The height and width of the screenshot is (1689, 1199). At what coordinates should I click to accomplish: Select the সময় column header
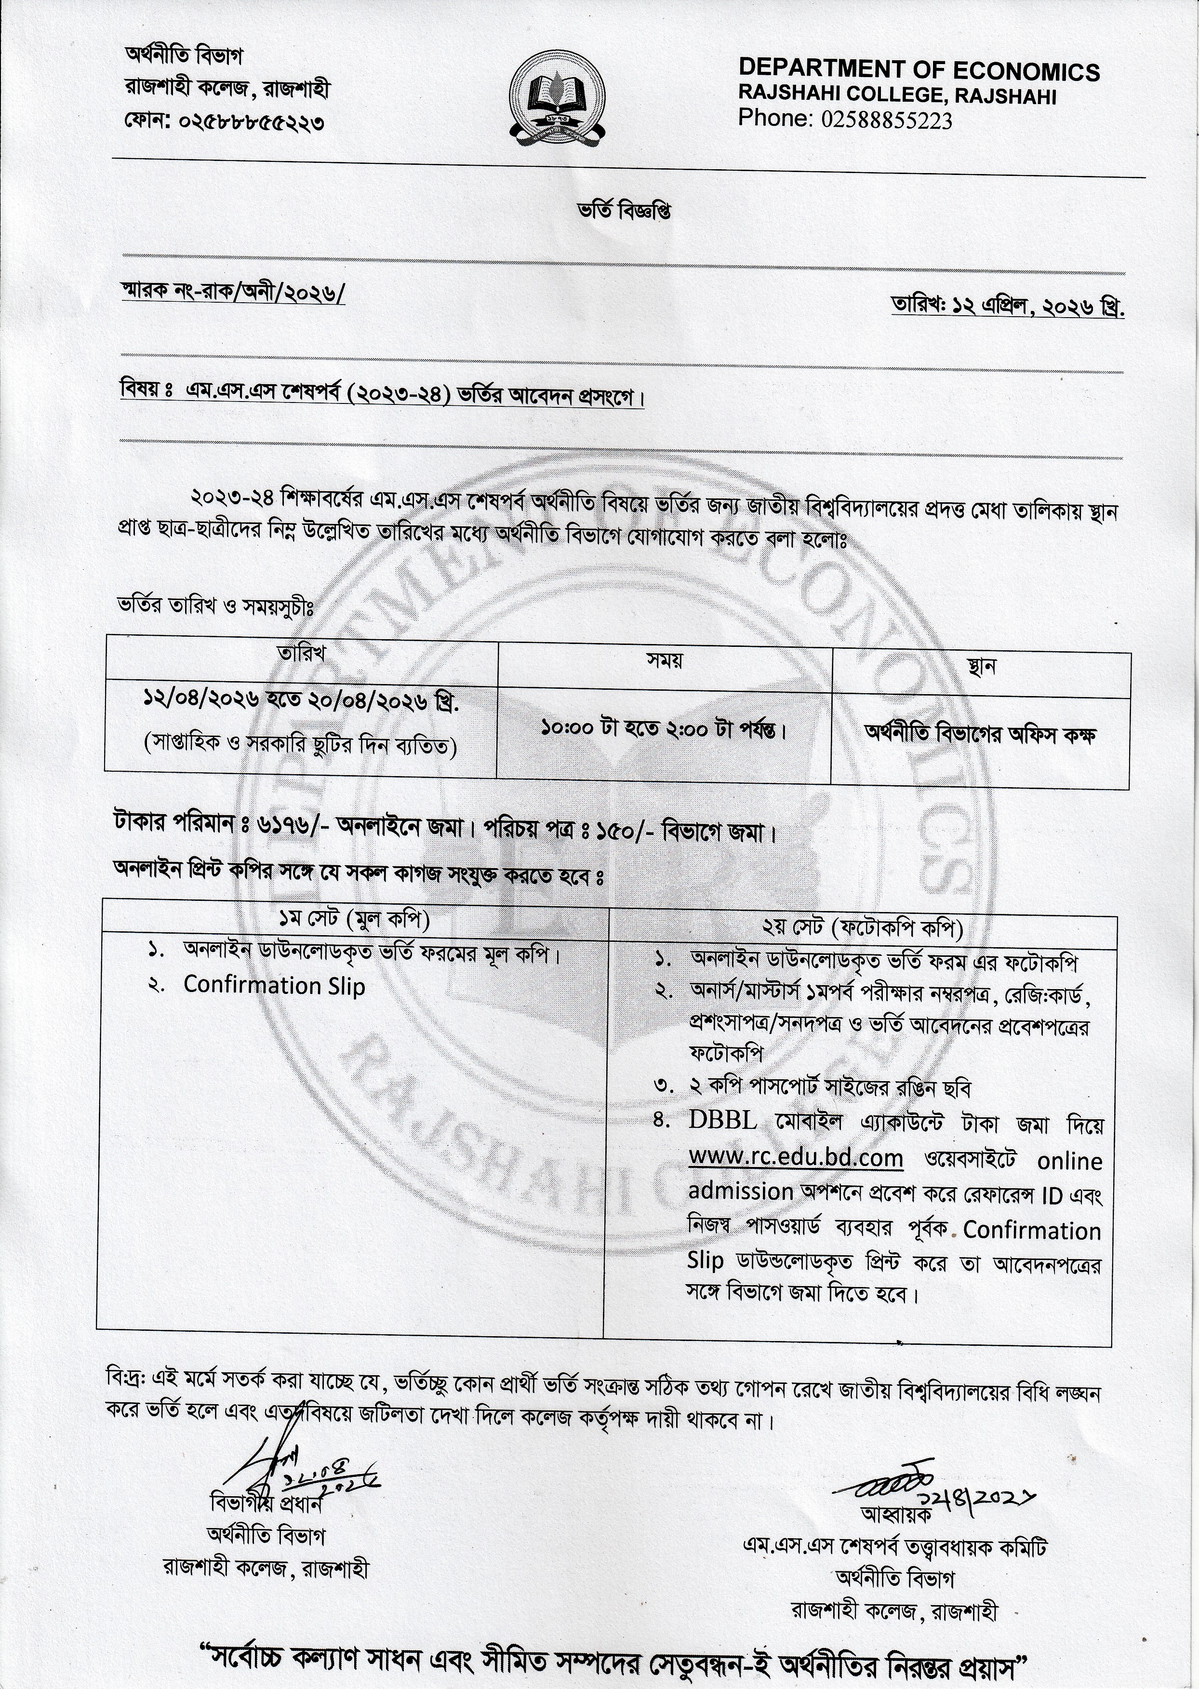coord(665,659)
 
